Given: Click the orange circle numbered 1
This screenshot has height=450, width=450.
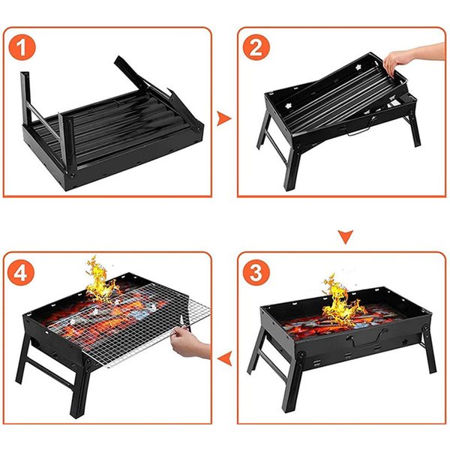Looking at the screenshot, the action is click(22, 46).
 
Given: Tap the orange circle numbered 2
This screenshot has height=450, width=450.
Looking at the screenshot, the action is click(256, 47).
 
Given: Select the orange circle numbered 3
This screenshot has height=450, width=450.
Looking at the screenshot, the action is click(256, 272).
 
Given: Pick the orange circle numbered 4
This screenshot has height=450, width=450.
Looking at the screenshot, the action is click(21, 272).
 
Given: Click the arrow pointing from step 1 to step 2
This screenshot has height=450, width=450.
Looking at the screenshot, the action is click(223, 118).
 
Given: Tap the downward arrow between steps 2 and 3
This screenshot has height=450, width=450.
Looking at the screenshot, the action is click(346, 237).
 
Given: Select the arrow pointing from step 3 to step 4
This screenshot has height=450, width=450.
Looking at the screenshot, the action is click(225, 358).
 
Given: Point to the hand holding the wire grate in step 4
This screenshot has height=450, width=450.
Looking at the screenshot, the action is click(190, 343).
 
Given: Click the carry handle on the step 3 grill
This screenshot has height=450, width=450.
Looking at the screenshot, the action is click(367, 339).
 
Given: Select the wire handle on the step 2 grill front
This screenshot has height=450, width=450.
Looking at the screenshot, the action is click(358, 130).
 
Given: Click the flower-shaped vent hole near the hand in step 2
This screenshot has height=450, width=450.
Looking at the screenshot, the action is click(358, 67).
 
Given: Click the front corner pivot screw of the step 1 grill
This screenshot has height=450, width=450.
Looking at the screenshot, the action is click(71, 175).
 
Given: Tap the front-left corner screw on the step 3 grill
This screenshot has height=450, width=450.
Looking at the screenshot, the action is click(301, 355).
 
